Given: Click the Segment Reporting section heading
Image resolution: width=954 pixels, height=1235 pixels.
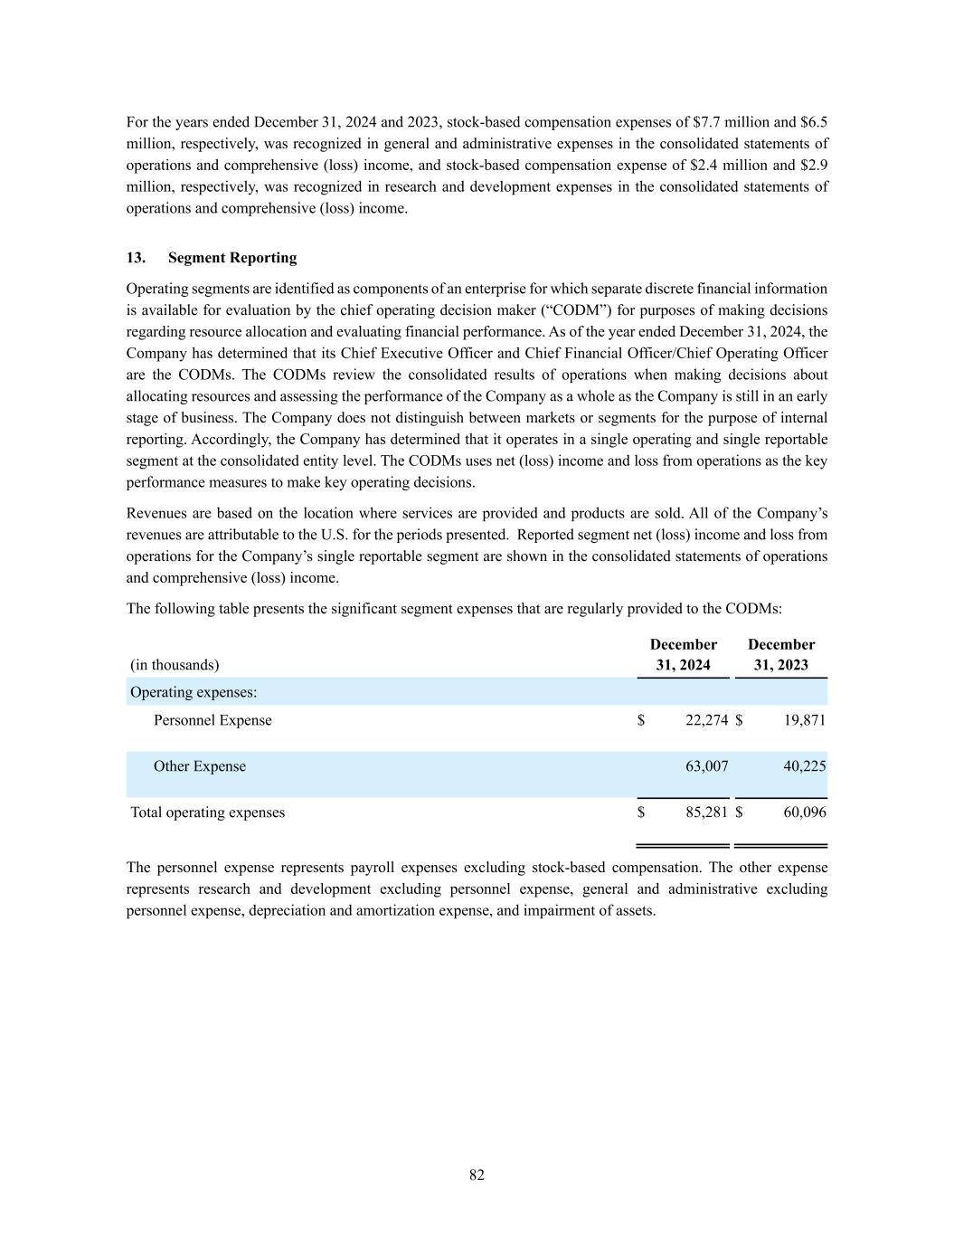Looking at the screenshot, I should [232, 258].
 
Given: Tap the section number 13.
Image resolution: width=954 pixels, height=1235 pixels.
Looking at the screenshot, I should [136, 258].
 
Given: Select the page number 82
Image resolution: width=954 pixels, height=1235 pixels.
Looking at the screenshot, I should [477, 1174].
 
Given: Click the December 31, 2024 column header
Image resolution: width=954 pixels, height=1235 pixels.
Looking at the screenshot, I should [683, 655].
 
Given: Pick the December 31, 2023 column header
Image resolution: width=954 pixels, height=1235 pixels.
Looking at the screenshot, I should [780, 655].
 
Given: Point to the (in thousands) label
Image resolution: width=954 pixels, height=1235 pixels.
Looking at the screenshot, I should [175, 665].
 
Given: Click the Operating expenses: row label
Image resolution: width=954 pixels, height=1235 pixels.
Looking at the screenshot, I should [194, 692].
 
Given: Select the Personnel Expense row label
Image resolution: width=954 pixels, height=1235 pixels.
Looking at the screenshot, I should [213, 720].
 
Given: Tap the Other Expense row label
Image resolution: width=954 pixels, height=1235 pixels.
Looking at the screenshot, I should [199, 766].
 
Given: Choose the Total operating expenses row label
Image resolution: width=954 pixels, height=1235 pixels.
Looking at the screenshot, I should [207, 812].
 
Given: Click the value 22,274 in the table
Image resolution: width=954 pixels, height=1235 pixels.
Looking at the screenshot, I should [706, 720].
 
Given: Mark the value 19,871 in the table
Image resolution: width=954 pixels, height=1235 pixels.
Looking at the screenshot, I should [804, 720].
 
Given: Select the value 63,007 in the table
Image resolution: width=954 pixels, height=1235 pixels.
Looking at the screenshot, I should [706, 766].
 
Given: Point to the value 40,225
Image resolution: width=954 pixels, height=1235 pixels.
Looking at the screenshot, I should [804, 766].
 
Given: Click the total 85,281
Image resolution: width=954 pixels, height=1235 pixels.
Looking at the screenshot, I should [706, 812].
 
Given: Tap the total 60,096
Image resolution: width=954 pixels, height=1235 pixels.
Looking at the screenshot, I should [804, 812].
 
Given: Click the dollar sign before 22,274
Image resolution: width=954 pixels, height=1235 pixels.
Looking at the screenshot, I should [641, 720].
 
